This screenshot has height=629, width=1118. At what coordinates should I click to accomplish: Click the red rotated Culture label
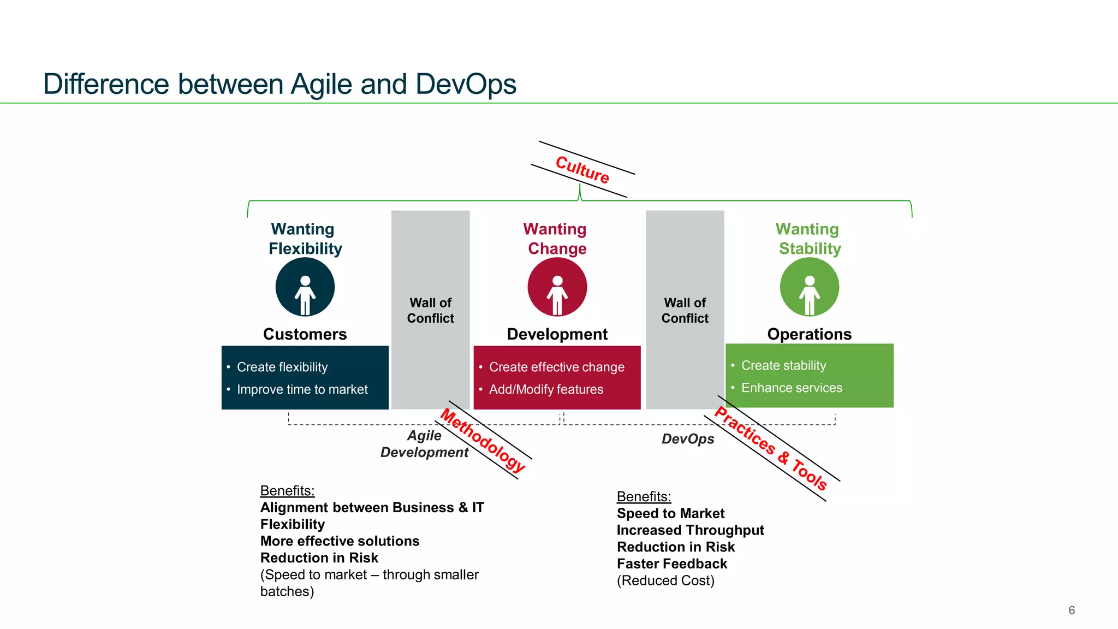(582, 169)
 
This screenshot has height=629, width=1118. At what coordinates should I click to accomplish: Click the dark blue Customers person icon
(305, 287)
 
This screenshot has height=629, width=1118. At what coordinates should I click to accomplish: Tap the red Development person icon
(557, 287)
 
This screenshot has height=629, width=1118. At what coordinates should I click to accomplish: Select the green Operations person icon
(809, 287)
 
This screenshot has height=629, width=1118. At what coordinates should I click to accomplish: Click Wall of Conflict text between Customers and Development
(430, 310)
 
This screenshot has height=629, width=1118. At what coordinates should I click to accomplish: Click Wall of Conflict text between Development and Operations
(685, 310)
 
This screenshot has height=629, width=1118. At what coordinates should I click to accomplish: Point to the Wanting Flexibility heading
(304, 239)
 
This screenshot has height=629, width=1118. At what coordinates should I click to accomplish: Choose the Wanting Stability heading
(808, 239)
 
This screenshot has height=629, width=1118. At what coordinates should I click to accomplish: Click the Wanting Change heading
(556, 239)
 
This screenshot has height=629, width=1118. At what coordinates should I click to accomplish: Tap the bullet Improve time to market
(302, 389)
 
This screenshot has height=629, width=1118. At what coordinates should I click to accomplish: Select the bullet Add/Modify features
(546, 389)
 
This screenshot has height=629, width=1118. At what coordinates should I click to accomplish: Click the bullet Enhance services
(792, 388)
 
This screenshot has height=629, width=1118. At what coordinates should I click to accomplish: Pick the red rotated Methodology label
(483, 440)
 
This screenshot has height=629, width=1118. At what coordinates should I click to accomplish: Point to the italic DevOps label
(687, 439)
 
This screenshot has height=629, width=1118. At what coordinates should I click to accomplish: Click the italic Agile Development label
(424, 444)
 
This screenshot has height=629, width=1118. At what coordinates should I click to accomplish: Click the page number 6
(1071, 610)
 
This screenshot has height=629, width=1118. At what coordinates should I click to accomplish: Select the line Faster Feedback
(671, 563)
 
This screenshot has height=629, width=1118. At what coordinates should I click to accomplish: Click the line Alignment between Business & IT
(372, 507)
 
